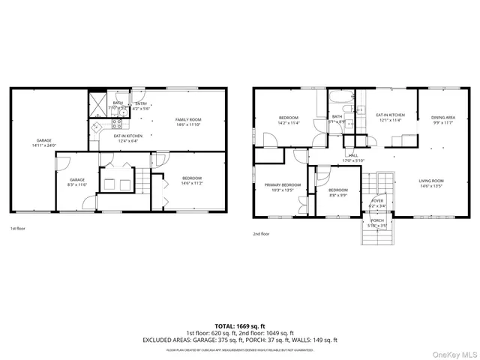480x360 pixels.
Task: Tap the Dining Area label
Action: (442, 118)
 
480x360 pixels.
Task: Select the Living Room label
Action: (431, 181)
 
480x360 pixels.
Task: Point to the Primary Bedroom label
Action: (282, 184)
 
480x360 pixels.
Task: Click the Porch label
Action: (377, 220)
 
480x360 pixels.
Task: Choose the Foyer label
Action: (377, 201)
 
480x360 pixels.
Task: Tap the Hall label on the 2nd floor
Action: (352, 157)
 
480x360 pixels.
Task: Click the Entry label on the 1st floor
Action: (141, 105)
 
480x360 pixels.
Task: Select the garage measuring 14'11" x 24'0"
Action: (44, 141)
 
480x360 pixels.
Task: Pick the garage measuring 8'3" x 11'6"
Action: (78, 180)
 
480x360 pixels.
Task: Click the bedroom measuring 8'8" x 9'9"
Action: (337, 190)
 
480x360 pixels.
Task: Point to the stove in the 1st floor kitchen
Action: (96, 129)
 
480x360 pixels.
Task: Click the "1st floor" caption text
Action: (17, 228)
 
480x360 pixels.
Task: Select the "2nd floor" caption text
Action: (261, 234)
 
